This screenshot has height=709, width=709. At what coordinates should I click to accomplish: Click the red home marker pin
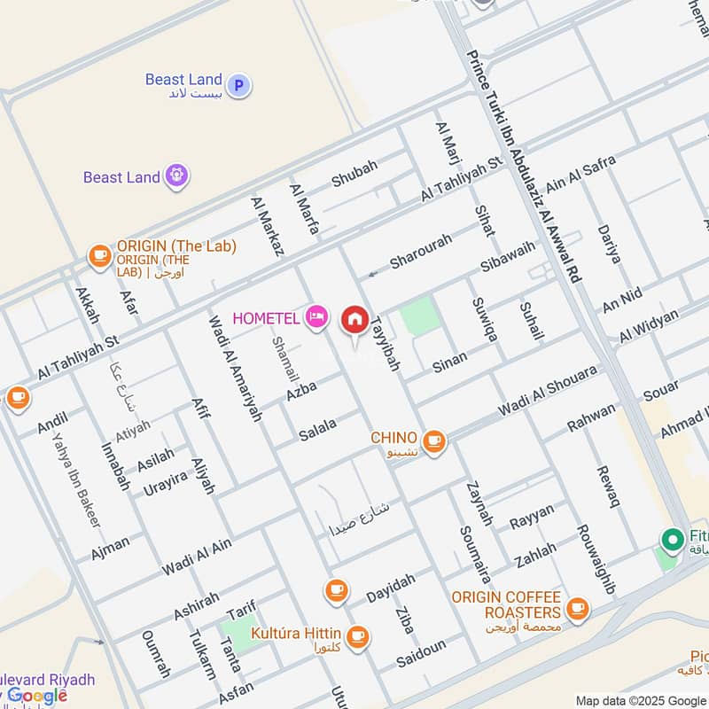pyautogui.click(x=355, y=319)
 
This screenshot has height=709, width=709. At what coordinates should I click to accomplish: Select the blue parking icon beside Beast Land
pyautogui.click(x=238, y=85)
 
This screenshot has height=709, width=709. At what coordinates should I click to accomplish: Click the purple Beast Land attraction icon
pyautogui.click(x=177, y=176)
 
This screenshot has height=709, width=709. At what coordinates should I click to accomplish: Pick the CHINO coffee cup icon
pyautogui.click(x=433, y=440)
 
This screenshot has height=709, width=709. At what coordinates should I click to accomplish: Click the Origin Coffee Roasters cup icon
pyautogui.click(x=578, y=608)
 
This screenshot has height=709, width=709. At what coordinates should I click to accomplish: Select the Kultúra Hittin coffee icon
pyautogui.click(x=357, y=635)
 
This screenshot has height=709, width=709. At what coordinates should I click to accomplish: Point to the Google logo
pyautogui.click(x=37, y=695)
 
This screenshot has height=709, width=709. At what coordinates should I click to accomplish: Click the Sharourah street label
pyautogui.click(x=422, y=251)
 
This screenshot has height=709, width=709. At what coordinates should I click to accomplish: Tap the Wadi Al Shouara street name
pyautogui.click(x=547, y=391)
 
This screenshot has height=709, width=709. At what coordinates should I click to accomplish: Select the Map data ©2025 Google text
pyautogui.click(x=640, y=700)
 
